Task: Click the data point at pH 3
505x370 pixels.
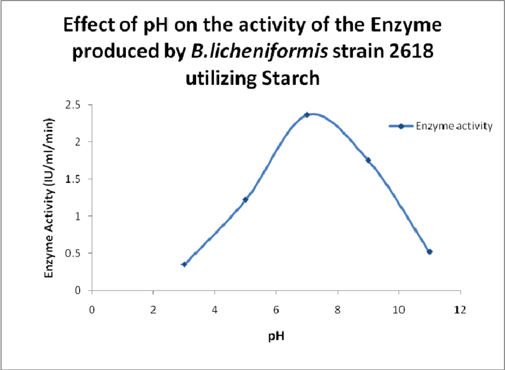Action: point(184,264)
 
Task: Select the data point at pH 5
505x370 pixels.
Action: point(245,200)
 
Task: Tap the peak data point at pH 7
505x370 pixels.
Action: point(307,115)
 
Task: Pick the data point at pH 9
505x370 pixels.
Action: point(368,160)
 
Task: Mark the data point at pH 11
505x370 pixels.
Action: point(430,252)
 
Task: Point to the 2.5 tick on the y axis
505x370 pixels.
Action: point(78,105)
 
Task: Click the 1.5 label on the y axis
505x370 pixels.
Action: point(78,179)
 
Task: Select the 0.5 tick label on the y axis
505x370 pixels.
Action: point(78,253)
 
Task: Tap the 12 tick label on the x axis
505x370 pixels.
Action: point(459,309)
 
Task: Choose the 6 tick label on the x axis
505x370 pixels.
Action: point(276,309)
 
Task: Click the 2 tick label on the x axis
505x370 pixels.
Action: point(153,309)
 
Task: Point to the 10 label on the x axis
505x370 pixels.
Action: point(398,309)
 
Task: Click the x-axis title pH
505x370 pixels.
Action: point(275,336)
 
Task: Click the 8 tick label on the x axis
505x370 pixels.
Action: point(337,309)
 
